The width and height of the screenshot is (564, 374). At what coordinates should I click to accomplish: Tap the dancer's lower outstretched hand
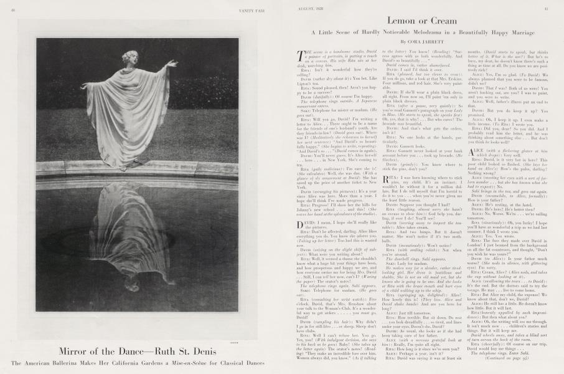click(83, 86)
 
